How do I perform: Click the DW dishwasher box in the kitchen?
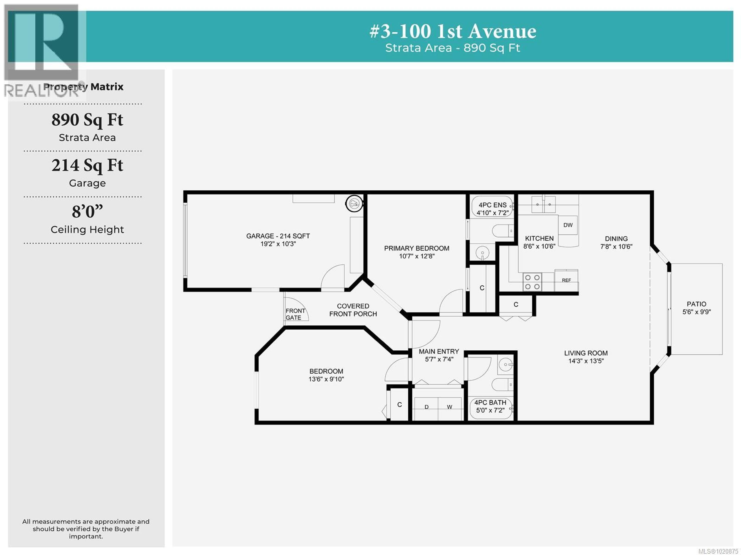click(568, 225)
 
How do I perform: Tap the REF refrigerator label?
click(566, 280)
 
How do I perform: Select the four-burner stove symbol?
click(532, 282)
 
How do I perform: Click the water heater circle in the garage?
click(354, 203)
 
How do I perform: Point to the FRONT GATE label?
click(295, 314)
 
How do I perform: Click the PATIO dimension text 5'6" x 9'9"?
click(696, 312)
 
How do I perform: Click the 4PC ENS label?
click(492, 205)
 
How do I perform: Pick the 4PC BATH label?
click(490, 402)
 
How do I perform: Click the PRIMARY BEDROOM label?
click(416, 248)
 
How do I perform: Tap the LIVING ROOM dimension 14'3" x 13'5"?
click(586, 361)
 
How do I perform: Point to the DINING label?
click(616, 239)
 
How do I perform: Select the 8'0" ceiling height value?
click(87, 212)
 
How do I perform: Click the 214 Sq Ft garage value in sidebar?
click(87, 165)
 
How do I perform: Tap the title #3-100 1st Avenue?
click(453, 31)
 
